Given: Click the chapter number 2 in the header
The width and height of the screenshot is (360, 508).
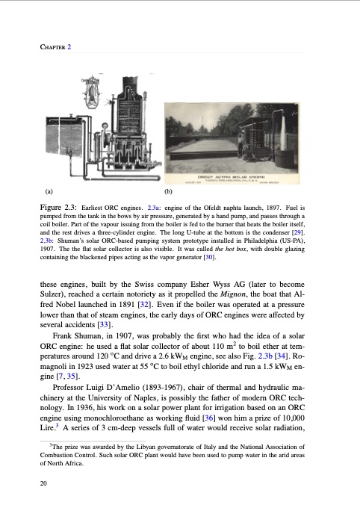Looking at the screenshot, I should coord(69,47).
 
